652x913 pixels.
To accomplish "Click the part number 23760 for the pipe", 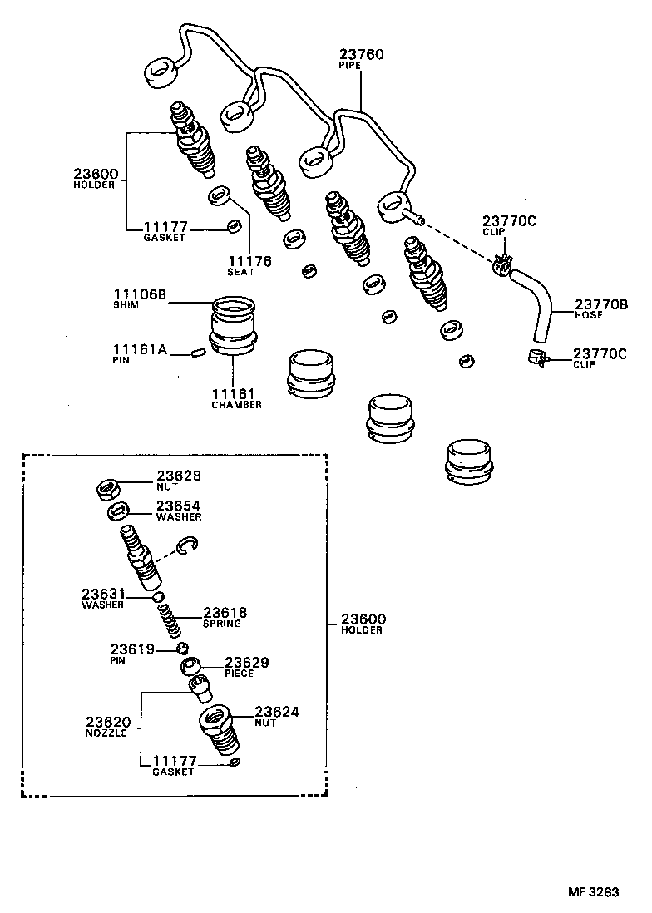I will point(362,54).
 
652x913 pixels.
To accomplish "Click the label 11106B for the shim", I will point(141,294).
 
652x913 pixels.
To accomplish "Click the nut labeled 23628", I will point(109,487).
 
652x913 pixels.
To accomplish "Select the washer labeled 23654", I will point(118,511).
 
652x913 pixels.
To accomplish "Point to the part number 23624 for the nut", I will point(276,712).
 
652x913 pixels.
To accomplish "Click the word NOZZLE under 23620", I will point(106,733).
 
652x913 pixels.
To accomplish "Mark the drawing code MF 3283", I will point(594,892).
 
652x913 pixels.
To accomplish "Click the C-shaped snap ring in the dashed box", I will point(187,546).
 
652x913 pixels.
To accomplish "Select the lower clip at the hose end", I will point(536,358).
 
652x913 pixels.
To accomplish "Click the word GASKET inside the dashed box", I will point(172,772).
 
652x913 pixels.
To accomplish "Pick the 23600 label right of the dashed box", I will point(361,619).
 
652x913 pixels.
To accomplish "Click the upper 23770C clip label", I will point(510,220).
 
